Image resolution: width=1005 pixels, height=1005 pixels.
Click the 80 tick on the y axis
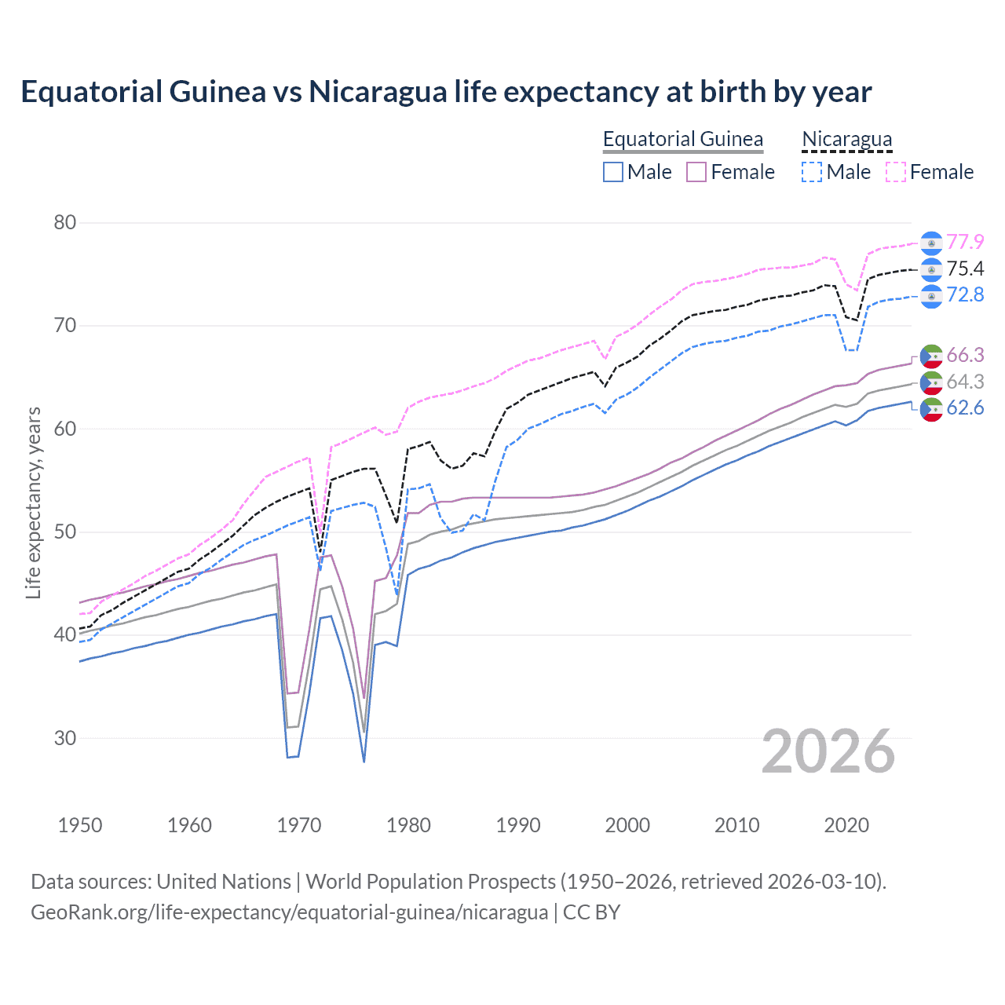[64, 222]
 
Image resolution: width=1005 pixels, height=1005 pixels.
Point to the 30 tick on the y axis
[64, 738]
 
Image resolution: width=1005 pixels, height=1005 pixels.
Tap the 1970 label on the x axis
[299, 825]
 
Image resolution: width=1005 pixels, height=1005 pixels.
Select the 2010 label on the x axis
[736, 825]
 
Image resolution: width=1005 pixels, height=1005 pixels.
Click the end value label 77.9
[965, 242]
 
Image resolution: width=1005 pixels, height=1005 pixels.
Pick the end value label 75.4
[965, 269]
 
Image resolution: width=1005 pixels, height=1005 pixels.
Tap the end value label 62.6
[965, 407]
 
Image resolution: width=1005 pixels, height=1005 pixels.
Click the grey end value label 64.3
[965, 382]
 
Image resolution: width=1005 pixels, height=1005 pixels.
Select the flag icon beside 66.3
[931, 356]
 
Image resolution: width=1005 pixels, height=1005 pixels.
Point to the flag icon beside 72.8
[931, 295]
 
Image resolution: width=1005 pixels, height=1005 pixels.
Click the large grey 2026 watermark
[828, 751]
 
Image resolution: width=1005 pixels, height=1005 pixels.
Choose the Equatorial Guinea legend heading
[682, 139]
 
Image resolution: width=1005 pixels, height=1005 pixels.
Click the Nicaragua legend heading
[846, 139]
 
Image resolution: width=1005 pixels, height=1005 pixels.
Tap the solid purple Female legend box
[696, 172]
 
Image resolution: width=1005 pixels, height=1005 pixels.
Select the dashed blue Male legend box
[812, 172]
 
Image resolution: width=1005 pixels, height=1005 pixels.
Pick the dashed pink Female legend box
[896, 172]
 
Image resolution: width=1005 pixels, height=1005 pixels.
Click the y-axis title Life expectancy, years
[33, 502]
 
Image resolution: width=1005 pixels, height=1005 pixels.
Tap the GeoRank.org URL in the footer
[289, 912]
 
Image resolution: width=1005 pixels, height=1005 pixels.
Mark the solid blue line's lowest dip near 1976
[364, 761]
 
